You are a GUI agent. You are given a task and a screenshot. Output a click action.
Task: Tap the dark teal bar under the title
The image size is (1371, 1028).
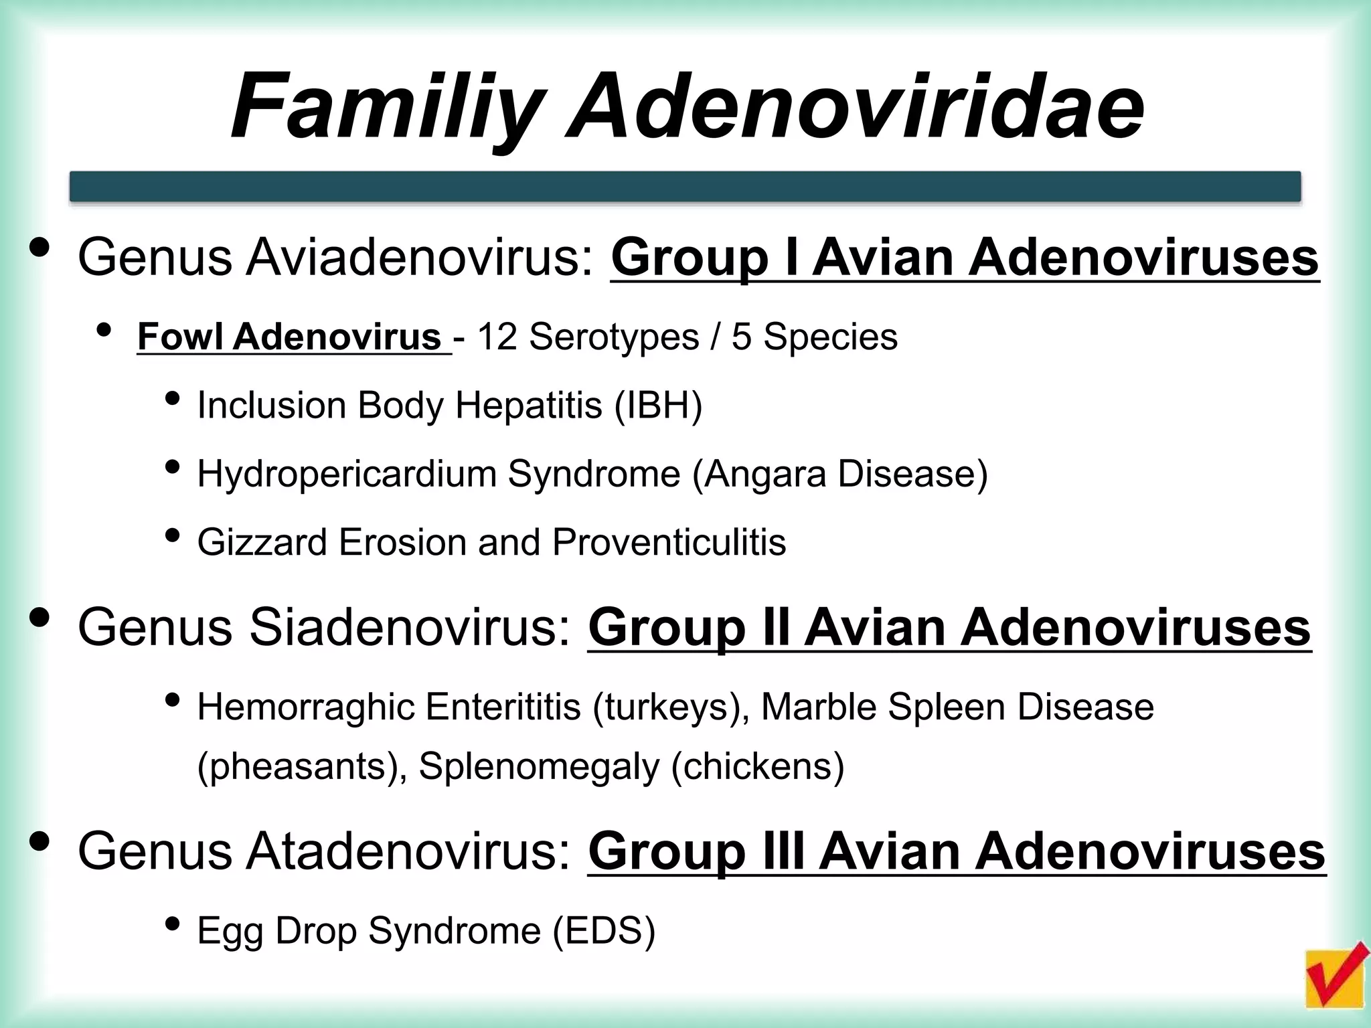(x=685, y=186)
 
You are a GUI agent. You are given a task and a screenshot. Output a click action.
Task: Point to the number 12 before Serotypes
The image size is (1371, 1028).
(x=497, y=337)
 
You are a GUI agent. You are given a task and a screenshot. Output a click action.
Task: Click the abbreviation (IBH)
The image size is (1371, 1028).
(x=658, y=406)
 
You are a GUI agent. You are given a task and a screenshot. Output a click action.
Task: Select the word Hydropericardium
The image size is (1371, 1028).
(x=346, y=474)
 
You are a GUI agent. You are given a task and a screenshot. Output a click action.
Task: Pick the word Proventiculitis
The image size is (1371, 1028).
(x=669, y=542)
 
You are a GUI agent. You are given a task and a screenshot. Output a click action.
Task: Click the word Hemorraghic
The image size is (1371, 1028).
(x=305, y=707)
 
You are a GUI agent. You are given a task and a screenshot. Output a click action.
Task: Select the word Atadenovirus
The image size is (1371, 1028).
(x=409, y=851)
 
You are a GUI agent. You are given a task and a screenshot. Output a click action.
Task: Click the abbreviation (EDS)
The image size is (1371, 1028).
(x=604, y=931)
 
